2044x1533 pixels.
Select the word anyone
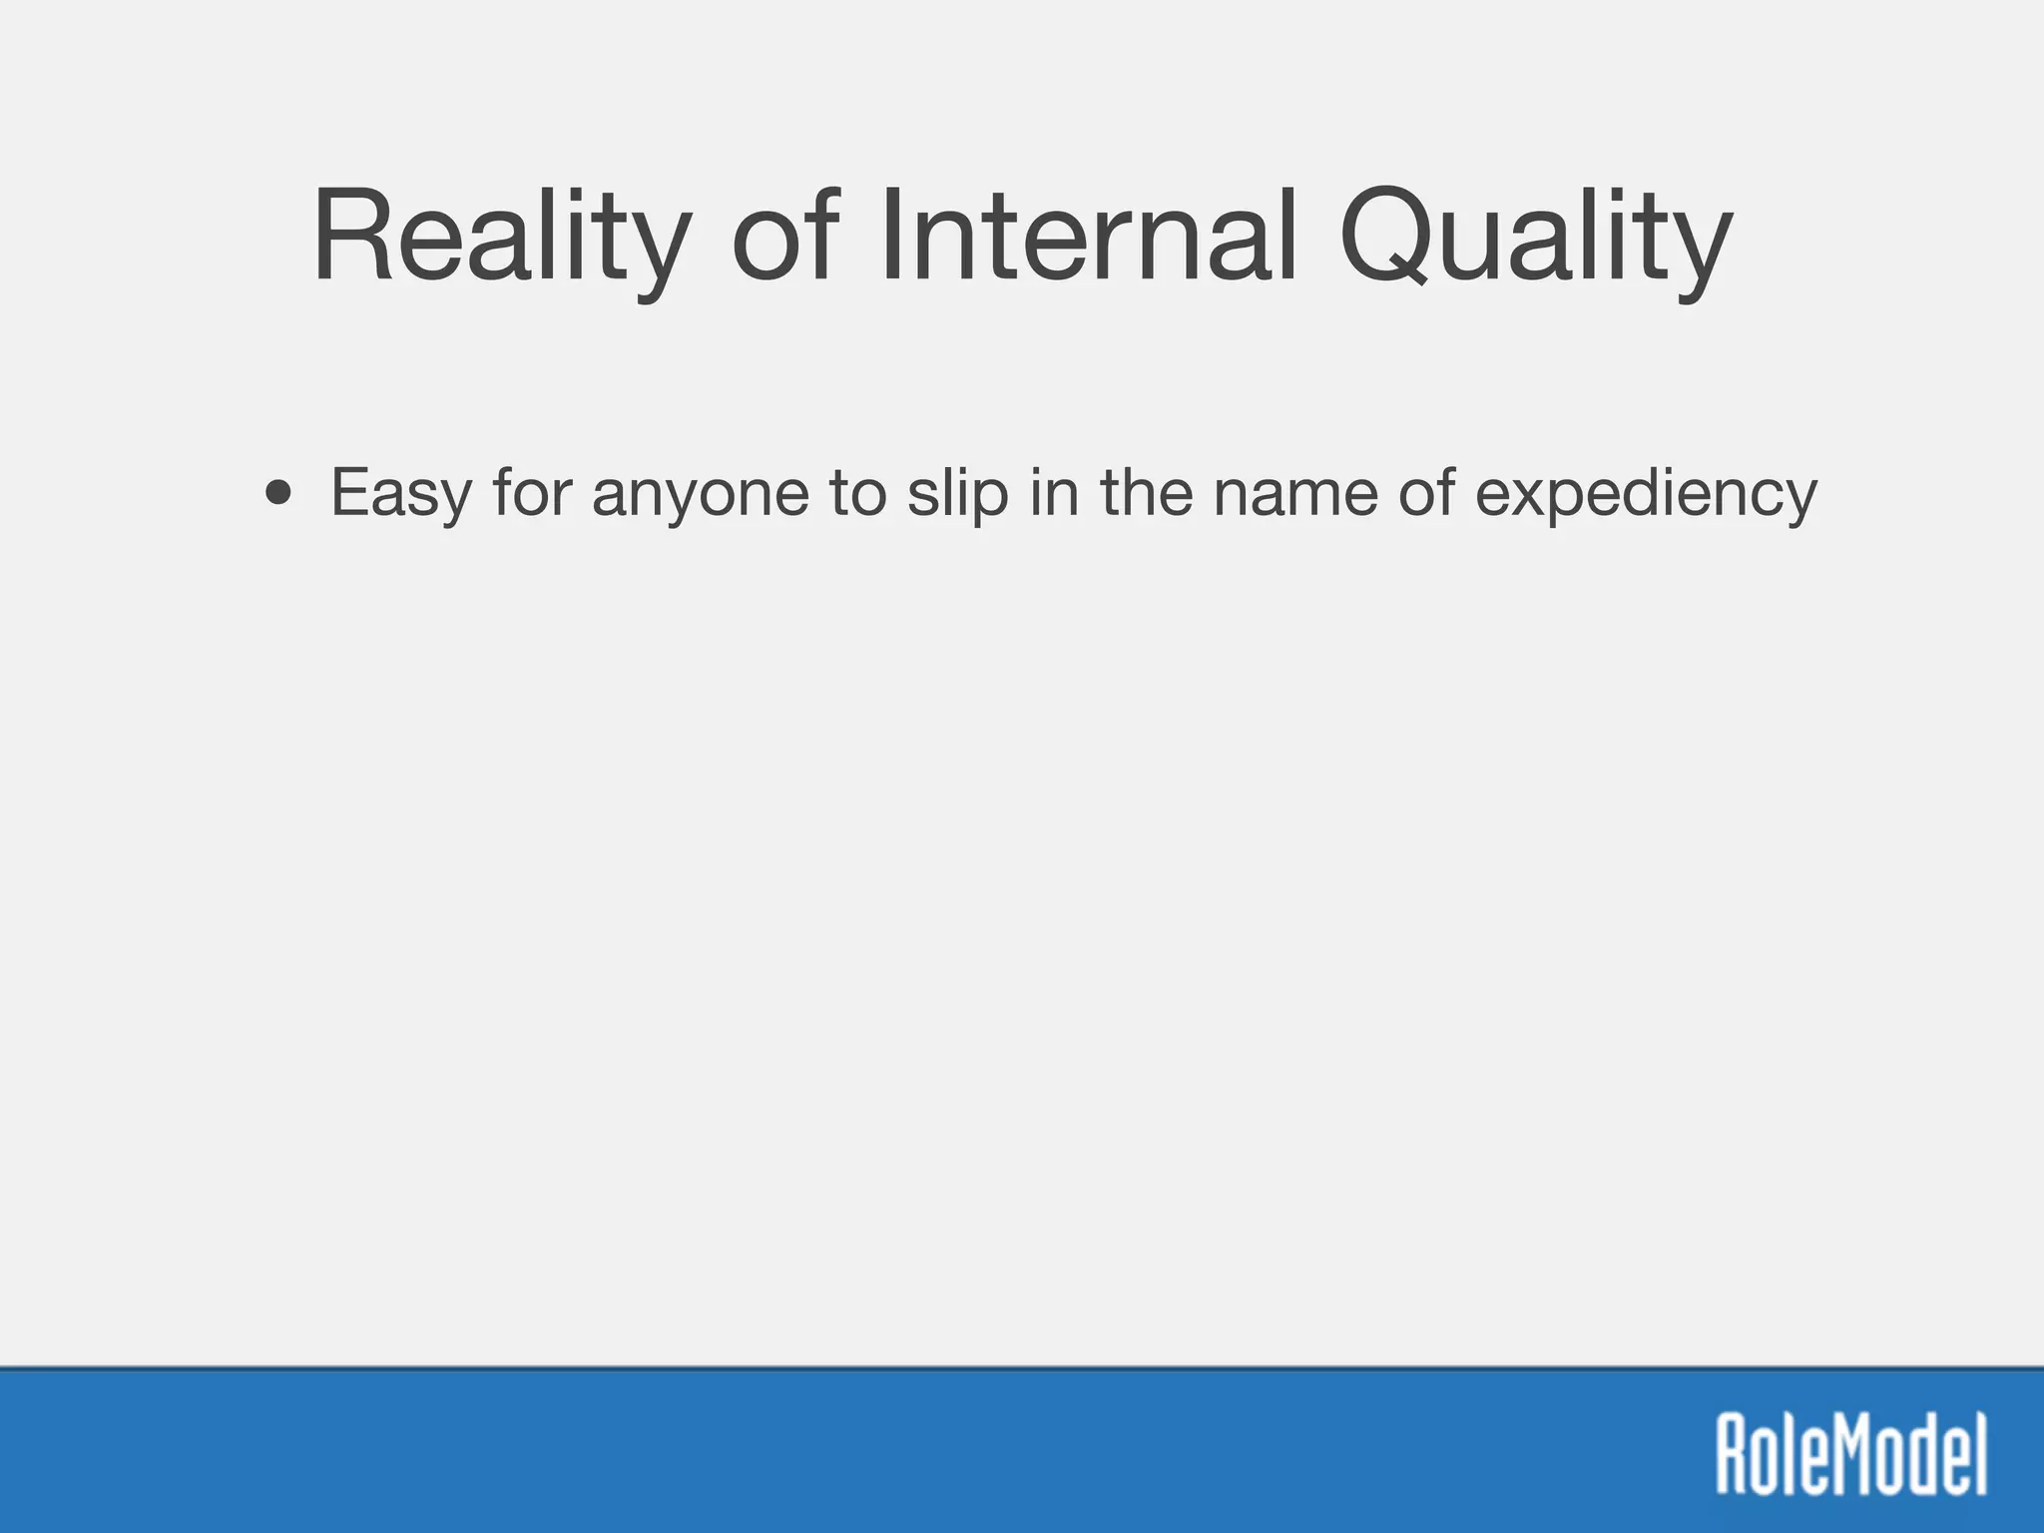click(700, 496)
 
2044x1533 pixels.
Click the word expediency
click(1646, 496)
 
